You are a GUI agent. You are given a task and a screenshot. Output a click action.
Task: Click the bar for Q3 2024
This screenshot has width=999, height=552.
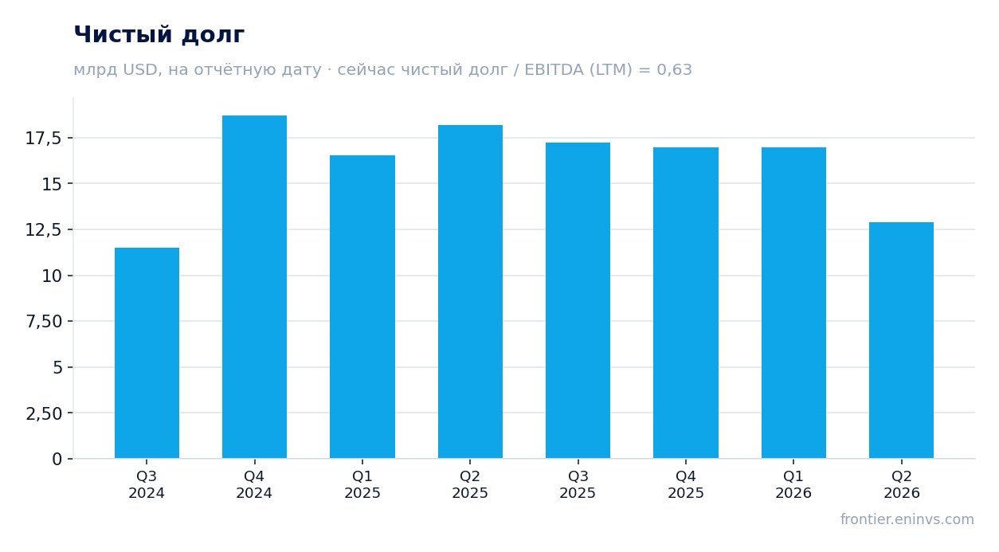[x=147, y=353]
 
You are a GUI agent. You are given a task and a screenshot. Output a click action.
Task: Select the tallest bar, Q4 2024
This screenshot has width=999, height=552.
[x=255, y=287]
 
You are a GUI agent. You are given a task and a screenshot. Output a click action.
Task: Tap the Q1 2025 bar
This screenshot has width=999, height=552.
[x=362, y=307]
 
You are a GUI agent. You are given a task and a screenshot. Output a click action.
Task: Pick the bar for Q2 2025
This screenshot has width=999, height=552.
[x=470, y=292]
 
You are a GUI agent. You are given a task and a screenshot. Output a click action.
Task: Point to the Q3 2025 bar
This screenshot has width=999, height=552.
[x=578, y=300]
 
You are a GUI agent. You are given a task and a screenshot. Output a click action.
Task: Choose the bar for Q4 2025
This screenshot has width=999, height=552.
[x=686, y=303]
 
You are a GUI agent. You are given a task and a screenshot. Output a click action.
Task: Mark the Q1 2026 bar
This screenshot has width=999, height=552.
[x=793, y=303]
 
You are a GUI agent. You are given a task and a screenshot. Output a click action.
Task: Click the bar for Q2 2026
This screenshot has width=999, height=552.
[x=901, y=340]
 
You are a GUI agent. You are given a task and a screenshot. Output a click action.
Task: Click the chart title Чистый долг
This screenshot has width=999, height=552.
[x=159, y=34]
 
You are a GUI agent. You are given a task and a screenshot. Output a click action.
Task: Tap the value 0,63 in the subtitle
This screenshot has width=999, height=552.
[x=674, y=69]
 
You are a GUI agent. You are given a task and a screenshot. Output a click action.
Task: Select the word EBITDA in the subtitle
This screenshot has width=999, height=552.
[x=554, y=69]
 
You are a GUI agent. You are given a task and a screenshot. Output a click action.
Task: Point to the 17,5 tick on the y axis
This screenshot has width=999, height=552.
[x=43, y=139]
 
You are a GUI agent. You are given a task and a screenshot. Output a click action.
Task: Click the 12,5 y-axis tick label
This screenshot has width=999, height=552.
[x=43, y=230]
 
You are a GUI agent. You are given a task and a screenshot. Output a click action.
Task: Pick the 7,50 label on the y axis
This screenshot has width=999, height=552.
[x=44, y=322]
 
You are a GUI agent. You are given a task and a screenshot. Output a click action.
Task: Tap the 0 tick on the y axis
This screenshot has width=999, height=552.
[x=57, y=459]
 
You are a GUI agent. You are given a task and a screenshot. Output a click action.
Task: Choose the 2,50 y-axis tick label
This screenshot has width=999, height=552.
[x=44, y=413]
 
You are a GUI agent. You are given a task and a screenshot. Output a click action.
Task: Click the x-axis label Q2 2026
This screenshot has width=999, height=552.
[x=902, y=484]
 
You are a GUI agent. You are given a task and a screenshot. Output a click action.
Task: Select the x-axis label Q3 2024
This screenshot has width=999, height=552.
[x=147, y=484]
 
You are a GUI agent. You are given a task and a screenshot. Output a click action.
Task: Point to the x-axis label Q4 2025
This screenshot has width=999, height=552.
[x=686, y=484]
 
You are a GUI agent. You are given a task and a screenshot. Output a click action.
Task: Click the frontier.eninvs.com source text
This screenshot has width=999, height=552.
[x=907, y=519]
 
